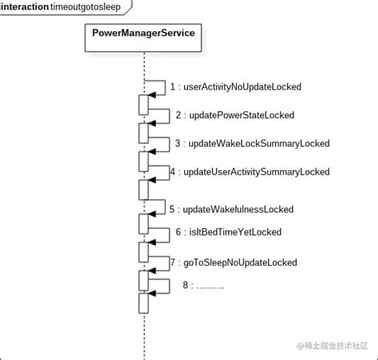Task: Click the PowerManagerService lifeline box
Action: click(x=144, y=37)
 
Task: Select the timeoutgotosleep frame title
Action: click(x=85, y=7)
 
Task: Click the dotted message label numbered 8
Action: click(x=203, y=285)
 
